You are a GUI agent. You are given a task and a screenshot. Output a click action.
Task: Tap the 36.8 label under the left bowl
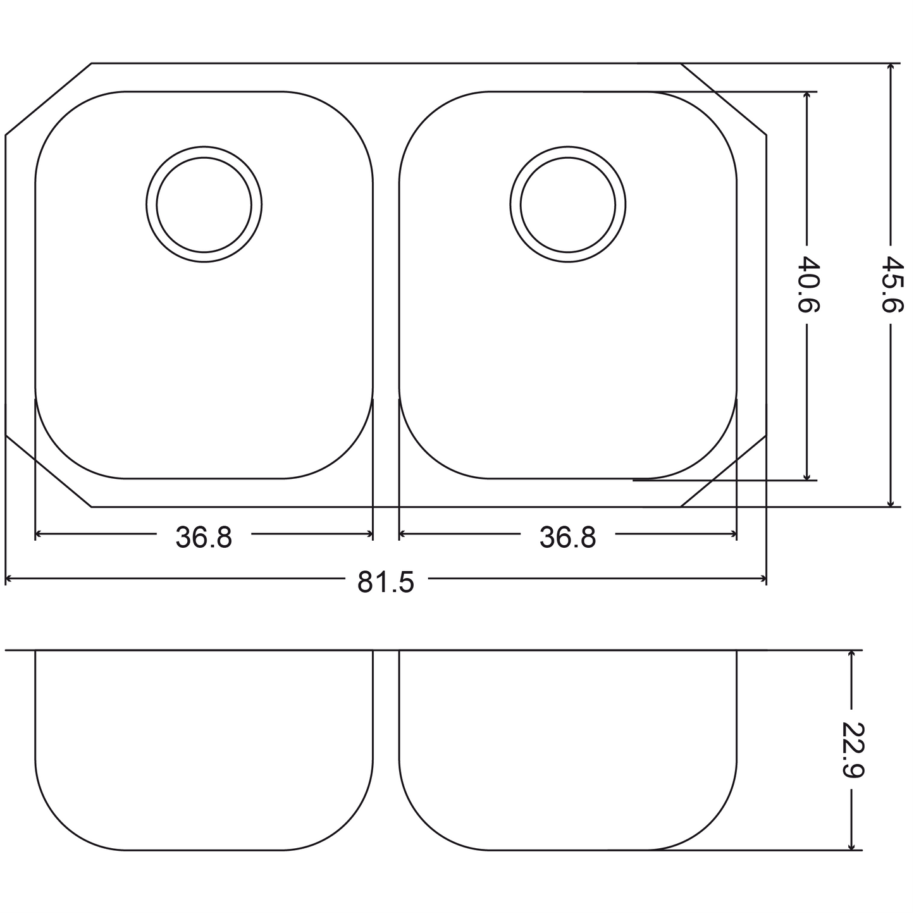(x=204, y=538)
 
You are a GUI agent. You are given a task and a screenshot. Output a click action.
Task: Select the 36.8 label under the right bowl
(x=568, y=538)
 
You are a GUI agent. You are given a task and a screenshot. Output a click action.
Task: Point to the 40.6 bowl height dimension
(x=808, y=285)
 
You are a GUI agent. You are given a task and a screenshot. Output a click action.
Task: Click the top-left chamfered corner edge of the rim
(x=48, y=99)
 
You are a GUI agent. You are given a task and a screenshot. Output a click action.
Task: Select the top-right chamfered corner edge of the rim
(x=724, y=99)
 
